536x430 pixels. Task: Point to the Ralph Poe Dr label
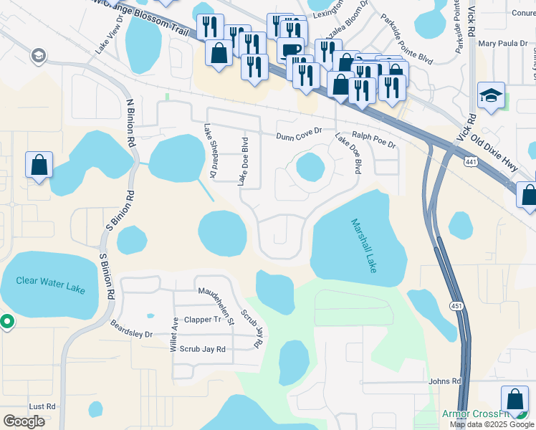pyautogui.click(x=373, y=139)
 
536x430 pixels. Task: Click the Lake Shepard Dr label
pyautogui.click(x=209, y=151)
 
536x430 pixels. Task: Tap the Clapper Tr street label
pyautogui.click(x=203, y=320)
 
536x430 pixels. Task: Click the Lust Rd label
pyautogui.click(x=42, y=406)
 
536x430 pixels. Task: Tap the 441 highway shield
pyautogui.click(x=470, y=161)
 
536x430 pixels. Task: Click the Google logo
pyautogui.click(x=24, y=421)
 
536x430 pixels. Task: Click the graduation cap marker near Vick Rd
pyautogui.click(x=492, y=96)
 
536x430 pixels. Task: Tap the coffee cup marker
pyautogui.click(x=291, y=50)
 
